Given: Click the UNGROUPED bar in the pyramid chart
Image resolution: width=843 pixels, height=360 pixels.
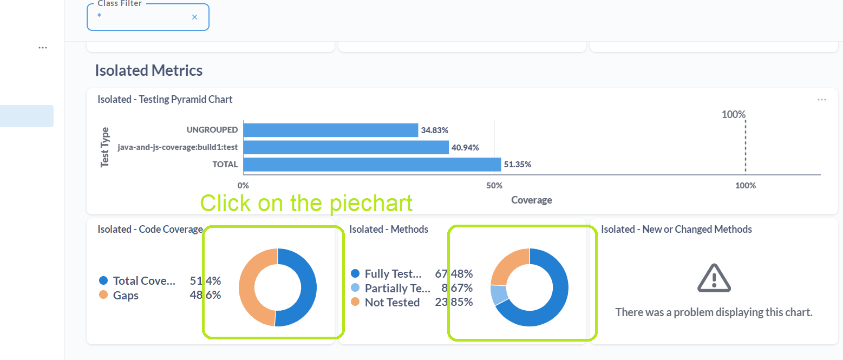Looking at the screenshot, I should (x=330, y=130).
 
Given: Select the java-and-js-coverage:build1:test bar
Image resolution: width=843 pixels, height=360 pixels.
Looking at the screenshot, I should (x=345, y=147).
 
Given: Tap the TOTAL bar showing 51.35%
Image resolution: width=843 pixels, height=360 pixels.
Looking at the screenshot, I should (x=372, y=165).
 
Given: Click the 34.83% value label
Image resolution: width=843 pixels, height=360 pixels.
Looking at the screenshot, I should (x=434, y=130).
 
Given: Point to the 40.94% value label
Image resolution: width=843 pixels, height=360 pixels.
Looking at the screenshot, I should (x=465, y=147).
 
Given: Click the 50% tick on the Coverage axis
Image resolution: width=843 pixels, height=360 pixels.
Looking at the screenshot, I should (x=494, y=186).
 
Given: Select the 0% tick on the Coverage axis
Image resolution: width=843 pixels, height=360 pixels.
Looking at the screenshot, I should (x=244, y=186).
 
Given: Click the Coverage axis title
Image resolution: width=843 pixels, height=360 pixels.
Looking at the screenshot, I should (x=531, y=200).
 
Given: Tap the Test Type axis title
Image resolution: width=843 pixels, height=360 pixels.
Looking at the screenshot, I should (x=105, y=147).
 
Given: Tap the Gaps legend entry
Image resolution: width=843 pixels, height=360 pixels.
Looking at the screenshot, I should (x=126, y=296).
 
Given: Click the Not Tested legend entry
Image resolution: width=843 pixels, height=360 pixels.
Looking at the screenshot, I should (x=392, y=303).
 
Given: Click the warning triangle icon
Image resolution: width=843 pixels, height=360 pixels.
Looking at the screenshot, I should (x=714, y=278).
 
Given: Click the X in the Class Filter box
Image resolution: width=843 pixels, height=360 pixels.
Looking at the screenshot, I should (x=195, y=17).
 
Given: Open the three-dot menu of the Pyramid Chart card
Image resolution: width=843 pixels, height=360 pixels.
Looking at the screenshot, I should (x=822, y=100).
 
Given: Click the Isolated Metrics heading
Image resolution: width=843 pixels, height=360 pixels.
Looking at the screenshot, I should (x=149, y=70).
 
